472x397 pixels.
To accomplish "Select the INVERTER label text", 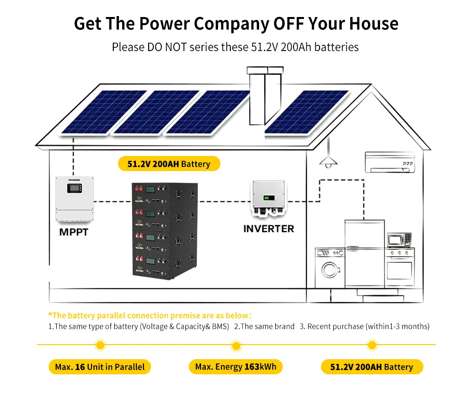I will (x=269, y=229).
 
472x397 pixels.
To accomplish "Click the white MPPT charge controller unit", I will (x=75, y=199).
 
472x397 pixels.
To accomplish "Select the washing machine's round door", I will (x=330, y=270).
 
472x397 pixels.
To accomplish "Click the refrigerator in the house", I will (x=364, y=253).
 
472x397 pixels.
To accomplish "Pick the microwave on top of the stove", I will (x=399, y=240).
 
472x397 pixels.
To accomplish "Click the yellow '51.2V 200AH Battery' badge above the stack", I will (x=169, y=164).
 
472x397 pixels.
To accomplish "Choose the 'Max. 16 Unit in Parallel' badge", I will (x=100, y=367).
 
